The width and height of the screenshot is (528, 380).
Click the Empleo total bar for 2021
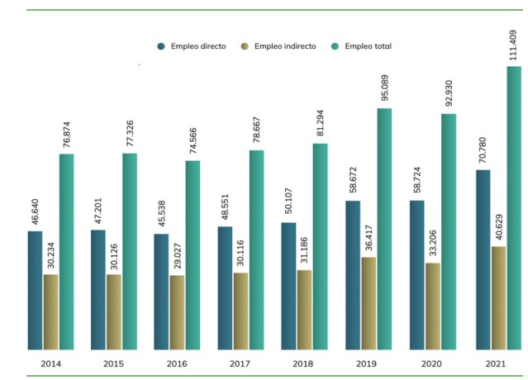point(513,207)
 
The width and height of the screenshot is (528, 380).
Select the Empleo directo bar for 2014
point(35,289)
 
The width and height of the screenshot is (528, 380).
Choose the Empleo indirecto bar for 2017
point(240,311)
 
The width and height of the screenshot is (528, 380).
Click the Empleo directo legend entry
point(192,46)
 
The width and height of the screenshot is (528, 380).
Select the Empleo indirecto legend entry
point(278,46)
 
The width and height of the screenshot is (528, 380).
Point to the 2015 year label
point(113,363)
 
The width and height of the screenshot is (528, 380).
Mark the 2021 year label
point(497,363)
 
